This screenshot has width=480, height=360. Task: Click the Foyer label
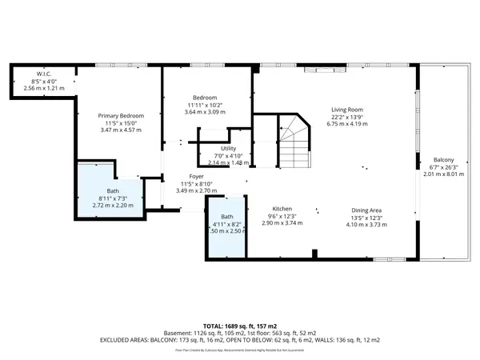(x=196, y=176)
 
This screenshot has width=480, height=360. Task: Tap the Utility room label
(x=229, y=147)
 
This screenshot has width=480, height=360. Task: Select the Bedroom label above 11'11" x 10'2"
(x=202, y=98)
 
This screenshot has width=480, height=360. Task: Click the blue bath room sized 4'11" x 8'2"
(x=225, y=228)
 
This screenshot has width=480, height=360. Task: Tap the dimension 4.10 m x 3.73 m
(x=368, y=224)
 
